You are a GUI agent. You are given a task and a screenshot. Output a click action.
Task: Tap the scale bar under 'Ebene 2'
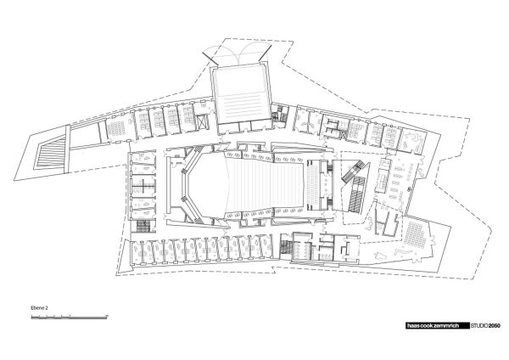(x=69, y=318)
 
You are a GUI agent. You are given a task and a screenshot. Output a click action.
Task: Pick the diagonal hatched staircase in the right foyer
(x=355, y=188)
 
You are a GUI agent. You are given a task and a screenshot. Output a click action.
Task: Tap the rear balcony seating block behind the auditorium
(x=316, y=183)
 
